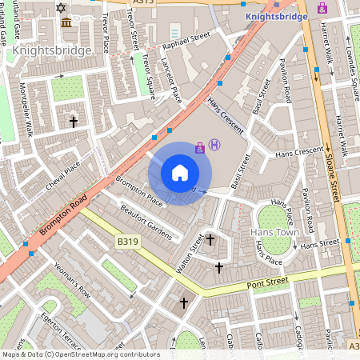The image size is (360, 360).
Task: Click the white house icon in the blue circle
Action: click(x=180, y=173)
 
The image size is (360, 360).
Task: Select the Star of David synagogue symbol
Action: click(x=63, y=7)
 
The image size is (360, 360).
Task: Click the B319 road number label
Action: click(x=128, y=239)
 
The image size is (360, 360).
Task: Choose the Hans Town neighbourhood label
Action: click(x=273, y=232)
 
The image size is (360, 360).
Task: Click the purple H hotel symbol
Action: click(x=214, y=145)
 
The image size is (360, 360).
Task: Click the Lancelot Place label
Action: click(x=172, y=80)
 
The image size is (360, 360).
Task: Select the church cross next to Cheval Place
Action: click(x=74, y=122)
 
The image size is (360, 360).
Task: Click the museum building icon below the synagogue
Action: click(x=64, y=22)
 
